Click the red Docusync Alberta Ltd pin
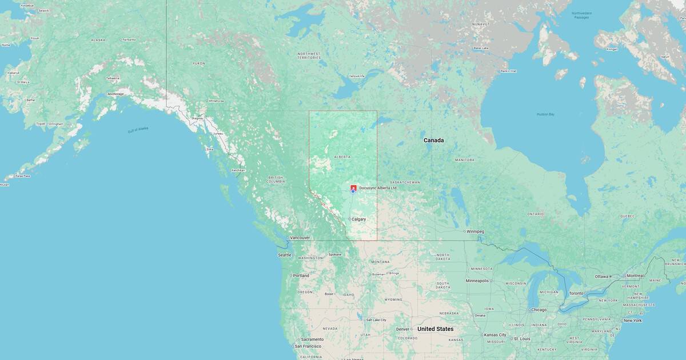[x=353, y=188]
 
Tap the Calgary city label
[x=358, y=219]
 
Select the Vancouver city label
[x=300, y=238]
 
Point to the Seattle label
[x=284, y=255]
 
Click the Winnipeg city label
[x=474, y=231]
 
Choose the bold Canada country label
[x=433, y=140]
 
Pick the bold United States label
[x=435, y=329]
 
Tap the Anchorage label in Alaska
[x=115, y=94]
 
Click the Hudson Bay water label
[x=545, y=114]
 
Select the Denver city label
[x=402, y=329]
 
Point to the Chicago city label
[x=538, y=310]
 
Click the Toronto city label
[x=576, y=293]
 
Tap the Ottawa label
[x=601, y=277]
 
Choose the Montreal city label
[x=635, y=275]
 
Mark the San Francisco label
[x=308, y=346]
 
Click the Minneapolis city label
[x=477, y=281]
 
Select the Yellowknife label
[x=357, y=76]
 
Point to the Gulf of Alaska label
[x=138, y=130]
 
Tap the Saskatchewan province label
[x=405, y=182]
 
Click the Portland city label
[x=301, y=275]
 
